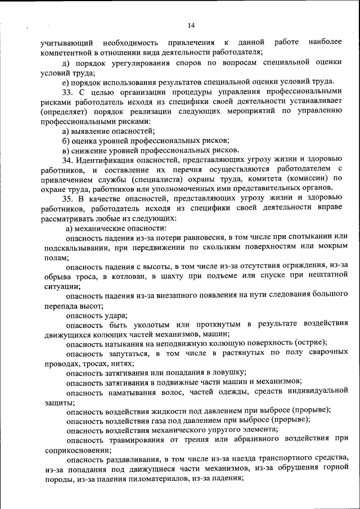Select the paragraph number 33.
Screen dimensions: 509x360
point(67,91)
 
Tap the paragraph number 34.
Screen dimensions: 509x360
point(67,160)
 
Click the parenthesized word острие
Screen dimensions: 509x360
point(310,343)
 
